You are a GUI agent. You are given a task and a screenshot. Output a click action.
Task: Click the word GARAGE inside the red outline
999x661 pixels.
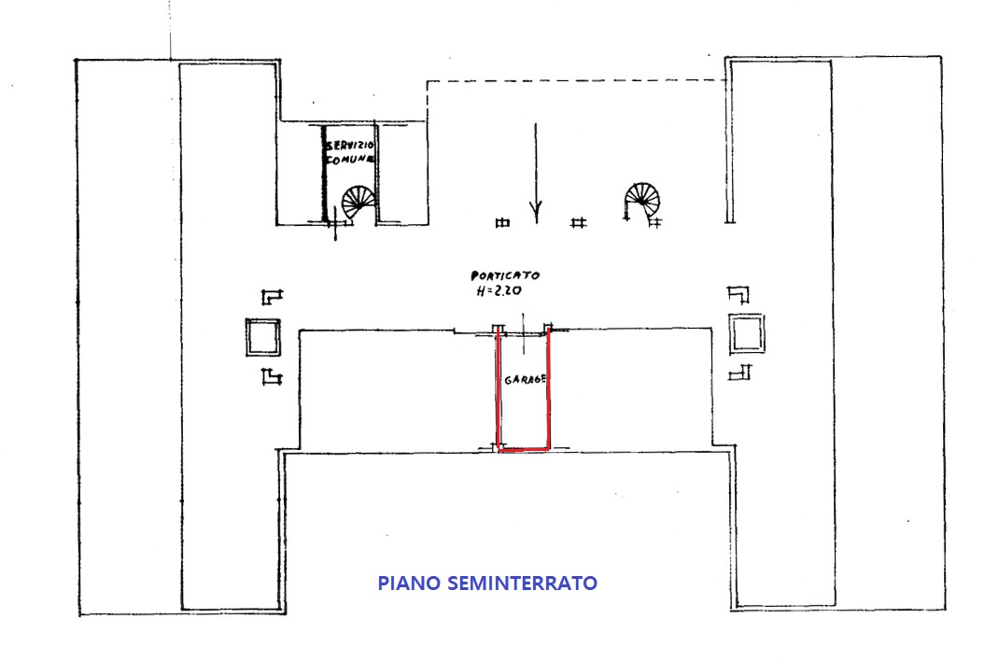click(525, 380)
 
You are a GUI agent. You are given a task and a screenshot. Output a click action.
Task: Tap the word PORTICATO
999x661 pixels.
click(504, 275)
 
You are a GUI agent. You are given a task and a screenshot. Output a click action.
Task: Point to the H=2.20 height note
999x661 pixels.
click(499, 291)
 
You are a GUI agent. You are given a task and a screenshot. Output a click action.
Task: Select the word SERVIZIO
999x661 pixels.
click(350, 147)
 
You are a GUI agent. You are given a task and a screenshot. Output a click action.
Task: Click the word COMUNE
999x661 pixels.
click(349, 160)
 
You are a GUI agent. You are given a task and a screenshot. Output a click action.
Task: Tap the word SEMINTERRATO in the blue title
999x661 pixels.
click(522, 584)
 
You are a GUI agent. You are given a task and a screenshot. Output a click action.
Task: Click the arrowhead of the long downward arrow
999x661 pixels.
click(536, 209)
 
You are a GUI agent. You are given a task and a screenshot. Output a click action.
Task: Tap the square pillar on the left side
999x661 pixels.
click(263, 337)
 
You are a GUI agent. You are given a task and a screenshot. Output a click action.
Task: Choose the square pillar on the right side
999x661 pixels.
click(747, 333)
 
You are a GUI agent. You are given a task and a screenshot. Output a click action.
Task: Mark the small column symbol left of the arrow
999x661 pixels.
click(502, 222)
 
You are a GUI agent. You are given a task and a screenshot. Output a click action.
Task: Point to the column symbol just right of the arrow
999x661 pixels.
click(578, 222)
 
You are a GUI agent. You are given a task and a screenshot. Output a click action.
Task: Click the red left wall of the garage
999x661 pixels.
click(498, 388)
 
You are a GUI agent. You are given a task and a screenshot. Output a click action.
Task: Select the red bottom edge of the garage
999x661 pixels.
click(524, 450)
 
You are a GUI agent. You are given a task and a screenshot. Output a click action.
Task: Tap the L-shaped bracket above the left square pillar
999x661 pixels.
click(272, 297)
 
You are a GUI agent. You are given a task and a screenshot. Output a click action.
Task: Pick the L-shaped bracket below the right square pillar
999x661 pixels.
click(740, 372)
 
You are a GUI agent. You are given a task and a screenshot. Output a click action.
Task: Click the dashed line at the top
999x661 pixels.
click(576, 80)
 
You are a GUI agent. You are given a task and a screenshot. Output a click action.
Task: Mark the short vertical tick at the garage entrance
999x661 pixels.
click(524, 333)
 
